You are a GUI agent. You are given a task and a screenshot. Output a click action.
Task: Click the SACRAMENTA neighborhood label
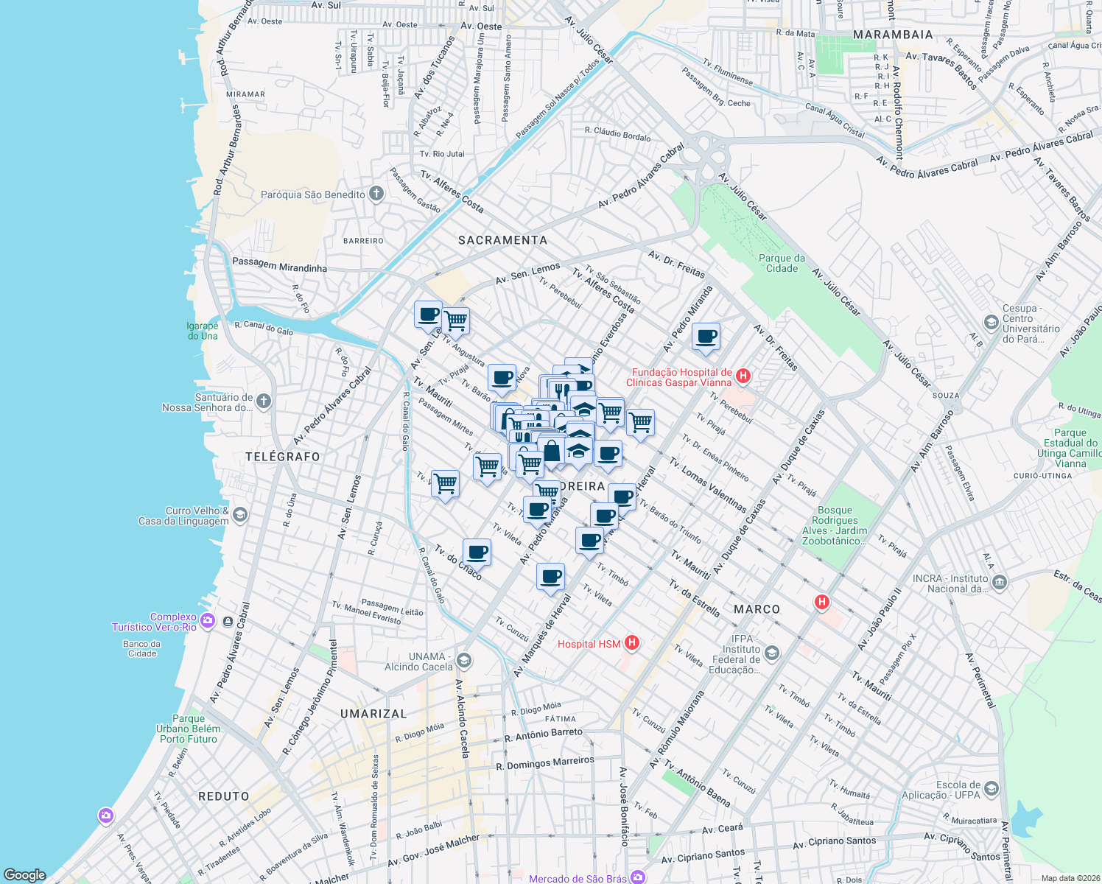(502, 240)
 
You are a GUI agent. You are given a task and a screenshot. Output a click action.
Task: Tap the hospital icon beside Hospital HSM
(631, 643)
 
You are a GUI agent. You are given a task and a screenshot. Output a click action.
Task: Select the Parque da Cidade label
(782, 263)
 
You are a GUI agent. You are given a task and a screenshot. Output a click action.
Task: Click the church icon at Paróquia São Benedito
(376, 194)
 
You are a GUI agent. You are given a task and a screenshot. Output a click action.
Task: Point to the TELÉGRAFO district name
(283, 457)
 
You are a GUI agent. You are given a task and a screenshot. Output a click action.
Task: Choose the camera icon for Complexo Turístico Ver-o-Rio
(208, 621)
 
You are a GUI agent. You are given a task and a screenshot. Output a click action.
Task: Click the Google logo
(25, 875)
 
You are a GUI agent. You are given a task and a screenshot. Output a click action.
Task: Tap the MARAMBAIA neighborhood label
(893, 35)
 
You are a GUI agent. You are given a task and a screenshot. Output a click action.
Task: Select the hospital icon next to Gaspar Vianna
(743, 376)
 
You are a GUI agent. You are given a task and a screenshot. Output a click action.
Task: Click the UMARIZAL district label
(373, 714)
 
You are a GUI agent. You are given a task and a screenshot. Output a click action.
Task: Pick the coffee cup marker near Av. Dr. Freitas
(706, 337)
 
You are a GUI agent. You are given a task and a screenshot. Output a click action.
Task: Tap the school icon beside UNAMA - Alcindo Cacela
(464, 659)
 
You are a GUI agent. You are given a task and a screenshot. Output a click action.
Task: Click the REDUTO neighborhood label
(224, 796)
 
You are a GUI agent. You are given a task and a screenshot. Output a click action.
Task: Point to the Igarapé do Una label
(203, 331)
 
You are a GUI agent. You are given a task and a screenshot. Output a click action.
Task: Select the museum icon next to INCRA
(999, 583)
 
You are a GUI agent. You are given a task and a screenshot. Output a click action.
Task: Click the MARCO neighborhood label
(757, 609)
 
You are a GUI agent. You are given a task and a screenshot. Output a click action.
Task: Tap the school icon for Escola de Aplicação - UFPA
(991, 790)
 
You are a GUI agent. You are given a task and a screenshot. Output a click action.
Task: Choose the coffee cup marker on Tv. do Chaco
(477, 552)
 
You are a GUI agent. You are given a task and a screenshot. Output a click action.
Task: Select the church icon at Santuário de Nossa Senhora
(264, 401)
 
